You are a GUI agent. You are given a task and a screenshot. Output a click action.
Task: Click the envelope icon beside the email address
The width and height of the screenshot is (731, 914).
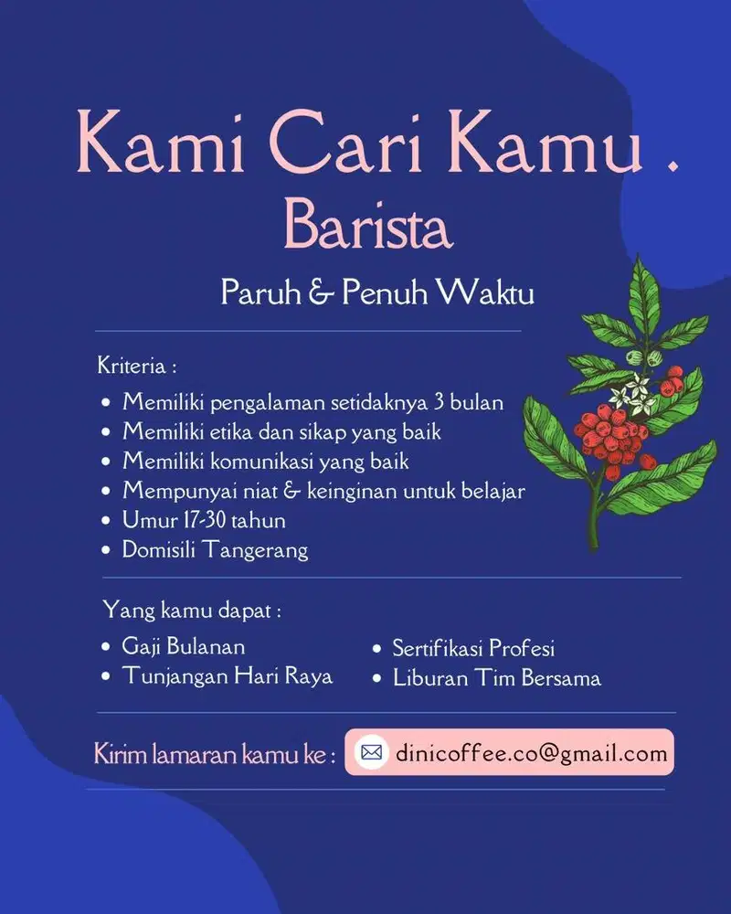pyautogui.click(x=371, y=752)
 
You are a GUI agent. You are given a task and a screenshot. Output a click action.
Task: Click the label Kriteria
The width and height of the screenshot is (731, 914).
pyautogui.click(x=136, y=367)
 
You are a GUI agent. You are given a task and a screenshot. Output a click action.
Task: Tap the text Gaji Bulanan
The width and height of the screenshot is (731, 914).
pyautogui.click(x=184, y=646)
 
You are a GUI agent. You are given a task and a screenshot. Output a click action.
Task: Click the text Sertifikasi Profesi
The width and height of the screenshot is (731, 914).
pyautogui.click(x=473, y=648)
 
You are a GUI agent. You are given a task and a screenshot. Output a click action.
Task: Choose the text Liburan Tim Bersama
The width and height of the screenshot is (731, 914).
pyautogui.click(x=496, y=677)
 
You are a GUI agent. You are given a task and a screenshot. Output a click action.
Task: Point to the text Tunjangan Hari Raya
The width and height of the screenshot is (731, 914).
pyautogui.click(x=228, y=675)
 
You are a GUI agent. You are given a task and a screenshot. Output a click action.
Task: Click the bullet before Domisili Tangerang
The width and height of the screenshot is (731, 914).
pyautogui.click(x=106, y=550)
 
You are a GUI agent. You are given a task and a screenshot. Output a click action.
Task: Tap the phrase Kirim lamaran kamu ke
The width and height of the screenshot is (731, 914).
pyautogui.click(x=214, y=755)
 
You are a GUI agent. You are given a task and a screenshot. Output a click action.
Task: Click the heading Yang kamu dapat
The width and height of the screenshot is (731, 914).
pyautogui.click(x=191, y=610)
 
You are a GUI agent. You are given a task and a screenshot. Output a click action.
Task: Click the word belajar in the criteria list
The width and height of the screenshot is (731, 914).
pyautogui.click(x=492, y=491)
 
